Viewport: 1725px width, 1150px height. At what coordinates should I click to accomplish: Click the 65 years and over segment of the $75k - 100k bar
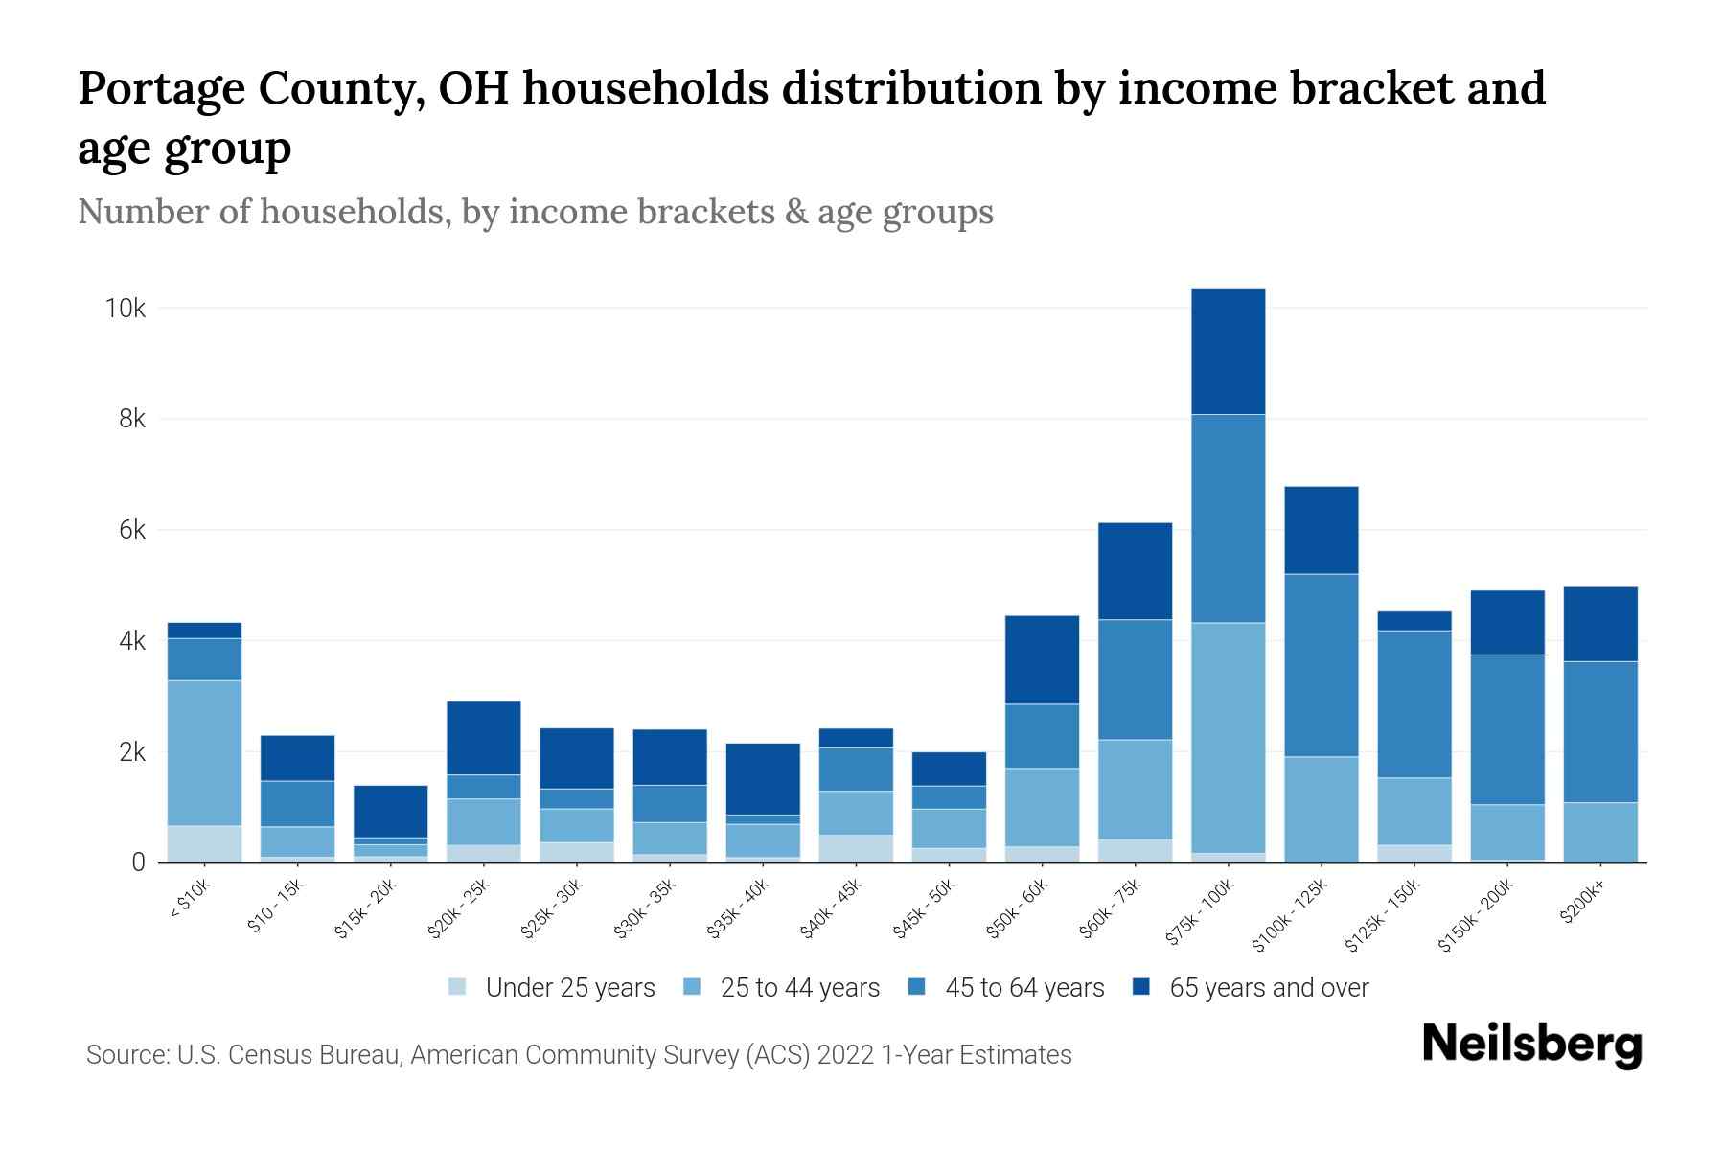[x=1228, y=352]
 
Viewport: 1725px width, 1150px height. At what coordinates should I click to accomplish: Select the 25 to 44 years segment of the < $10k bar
[x=204, y=752]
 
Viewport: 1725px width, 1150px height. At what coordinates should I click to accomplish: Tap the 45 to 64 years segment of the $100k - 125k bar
[x=1321, y=665]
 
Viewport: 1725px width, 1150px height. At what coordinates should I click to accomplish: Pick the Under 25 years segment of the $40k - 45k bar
[x=857, y=848]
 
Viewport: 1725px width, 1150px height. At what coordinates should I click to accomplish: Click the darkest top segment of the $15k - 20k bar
[x=390, y=811]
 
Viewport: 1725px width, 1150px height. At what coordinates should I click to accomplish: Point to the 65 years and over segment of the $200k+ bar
[x=1600, y=624]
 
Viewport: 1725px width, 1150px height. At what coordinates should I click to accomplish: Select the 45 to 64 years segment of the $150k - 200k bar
[x=1507, y=729]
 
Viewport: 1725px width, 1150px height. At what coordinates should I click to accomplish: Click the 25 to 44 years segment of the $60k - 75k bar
[x=1135, y=789]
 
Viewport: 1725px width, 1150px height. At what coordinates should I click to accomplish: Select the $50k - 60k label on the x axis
[x=1018, y=908]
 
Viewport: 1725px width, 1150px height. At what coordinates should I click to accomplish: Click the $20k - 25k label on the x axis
[x=459, y=908]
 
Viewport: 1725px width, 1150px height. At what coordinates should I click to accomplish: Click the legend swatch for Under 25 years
[x=458, y=987]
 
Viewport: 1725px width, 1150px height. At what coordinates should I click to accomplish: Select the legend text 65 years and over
[x=1269, y=987]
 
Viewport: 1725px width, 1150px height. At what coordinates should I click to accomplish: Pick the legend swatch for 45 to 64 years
[x=917, y=987]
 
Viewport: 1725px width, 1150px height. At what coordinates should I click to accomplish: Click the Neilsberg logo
[x=1531, y=1045]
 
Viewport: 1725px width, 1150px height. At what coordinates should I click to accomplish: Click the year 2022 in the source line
[x=845, y=1055]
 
